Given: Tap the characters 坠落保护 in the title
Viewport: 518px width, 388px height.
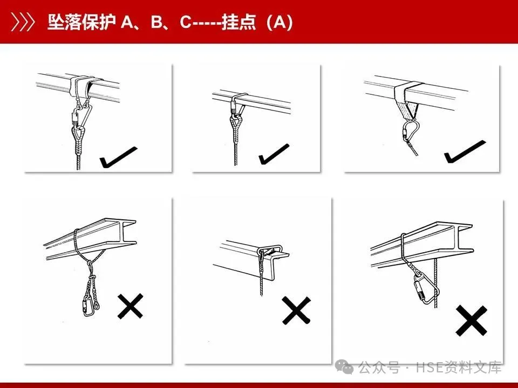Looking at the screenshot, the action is [x=80, y=23].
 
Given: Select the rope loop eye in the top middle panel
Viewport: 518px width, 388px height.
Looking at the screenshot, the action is [x=236, y=125].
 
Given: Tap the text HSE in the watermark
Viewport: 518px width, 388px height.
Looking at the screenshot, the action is [x=427, y=368].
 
